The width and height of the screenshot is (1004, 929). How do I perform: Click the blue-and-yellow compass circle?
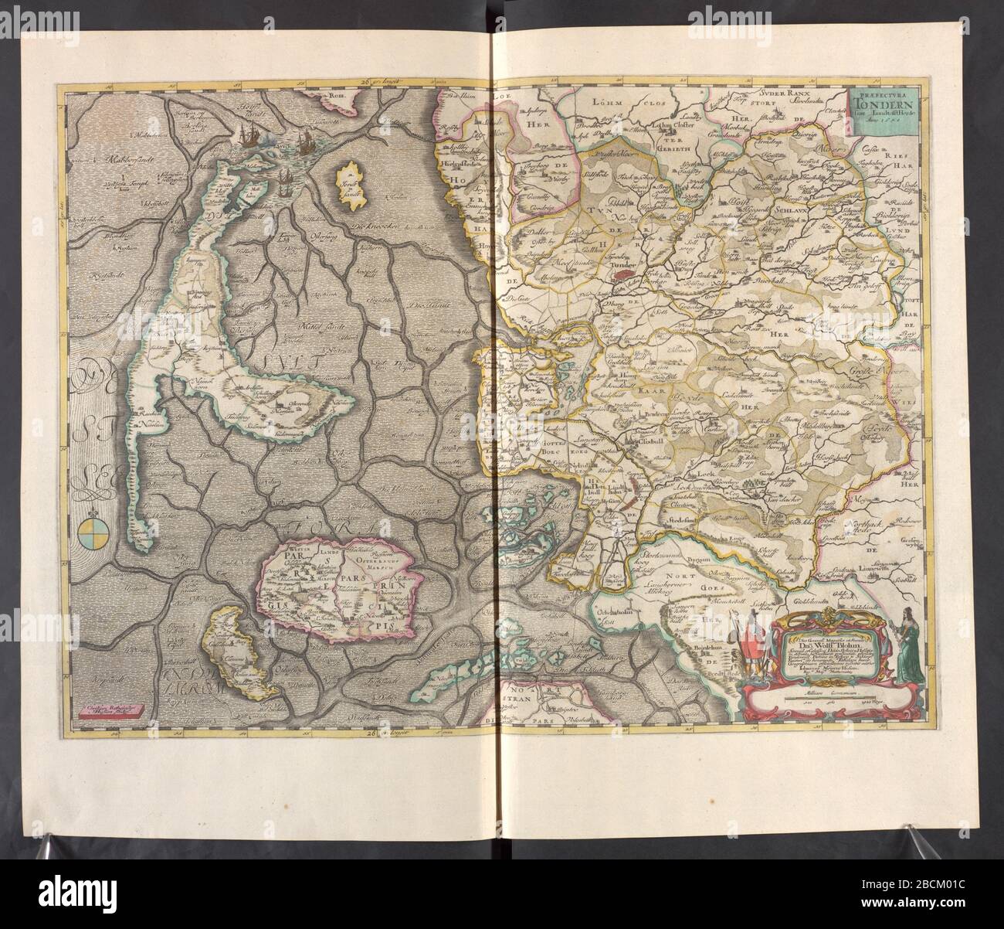(90, 534)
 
